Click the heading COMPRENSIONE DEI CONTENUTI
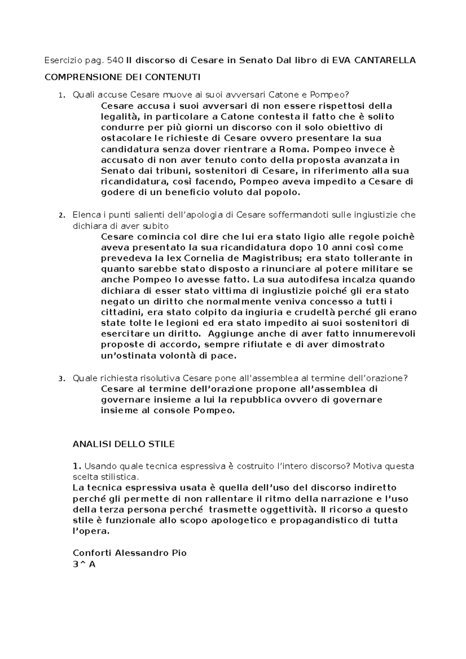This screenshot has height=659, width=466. (x=123, y=77)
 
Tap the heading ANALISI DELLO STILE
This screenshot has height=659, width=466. (x=123, y=444)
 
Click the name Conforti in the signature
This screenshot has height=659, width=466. (x=92, y=553)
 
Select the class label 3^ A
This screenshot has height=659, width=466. (x=84, y=565)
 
